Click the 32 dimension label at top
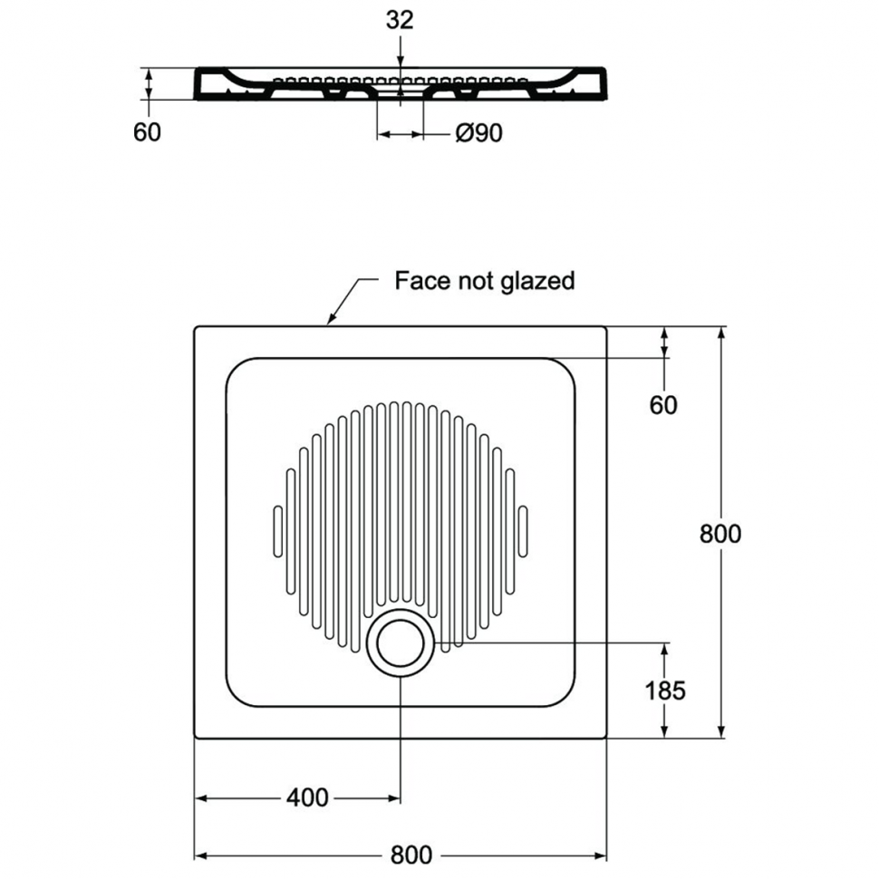400,20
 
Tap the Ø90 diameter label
479,133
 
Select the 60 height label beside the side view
147,132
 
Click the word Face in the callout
422,280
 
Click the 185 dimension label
665,691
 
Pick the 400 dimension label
308,797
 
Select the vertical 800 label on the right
720,534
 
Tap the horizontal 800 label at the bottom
411,855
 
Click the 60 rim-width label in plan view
663,405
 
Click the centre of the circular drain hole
401,643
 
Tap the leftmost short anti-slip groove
277,531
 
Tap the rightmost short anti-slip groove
523,531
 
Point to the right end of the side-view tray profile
604,84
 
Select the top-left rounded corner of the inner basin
235,367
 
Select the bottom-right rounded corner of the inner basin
566,698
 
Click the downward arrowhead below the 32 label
400,63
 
